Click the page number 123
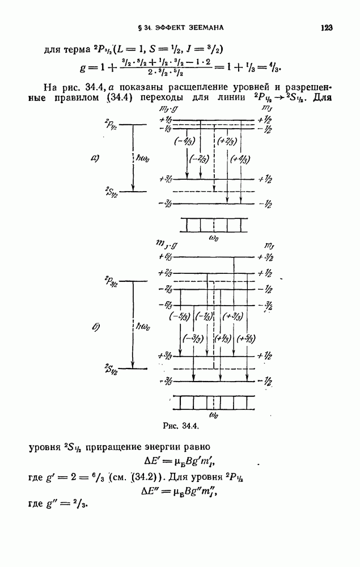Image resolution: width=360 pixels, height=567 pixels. click(x=325, y=27)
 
